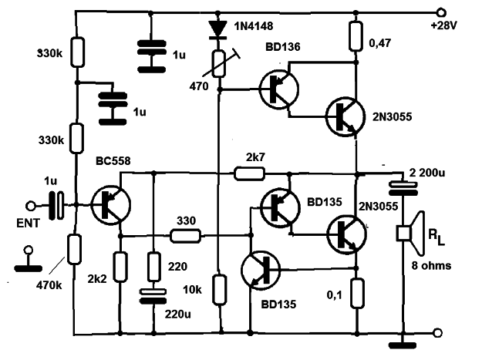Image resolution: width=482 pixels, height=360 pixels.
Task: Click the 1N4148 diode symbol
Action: (x=217, y=29)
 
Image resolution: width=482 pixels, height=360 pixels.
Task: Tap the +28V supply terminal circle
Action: (x=441, y=13)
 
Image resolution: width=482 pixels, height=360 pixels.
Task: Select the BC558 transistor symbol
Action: (x=110, y=205)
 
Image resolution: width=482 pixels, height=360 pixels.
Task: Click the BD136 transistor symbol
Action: (x=279, y=89)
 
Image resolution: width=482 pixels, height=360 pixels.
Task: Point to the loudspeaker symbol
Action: (x=411, y=234)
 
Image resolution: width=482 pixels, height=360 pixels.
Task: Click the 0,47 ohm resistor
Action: (x=356, y=36)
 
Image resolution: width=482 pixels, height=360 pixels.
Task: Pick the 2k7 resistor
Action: (x=249, y=173)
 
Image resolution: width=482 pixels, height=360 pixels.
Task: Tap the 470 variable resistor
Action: (x=219, y=64)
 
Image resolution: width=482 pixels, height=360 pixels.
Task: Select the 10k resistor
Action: (x=220, y=290)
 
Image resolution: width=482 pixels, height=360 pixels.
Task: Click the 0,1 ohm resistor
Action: (x=357, y=294)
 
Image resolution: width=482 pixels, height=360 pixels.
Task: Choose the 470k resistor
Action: (x=74, y=249)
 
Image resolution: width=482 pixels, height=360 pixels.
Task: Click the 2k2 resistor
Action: (x=120, y=267)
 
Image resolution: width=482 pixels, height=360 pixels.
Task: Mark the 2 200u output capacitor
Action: (x=403, y=189)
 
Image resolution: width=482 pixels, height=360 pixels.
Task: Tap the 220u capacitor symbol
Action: (x=153, y=296)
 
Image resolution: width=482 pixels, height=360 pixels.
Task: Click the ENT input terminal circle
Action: (x=31, y=206)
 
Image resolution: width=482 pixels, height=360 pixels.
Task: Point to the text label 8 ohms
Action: (x=431, y=265)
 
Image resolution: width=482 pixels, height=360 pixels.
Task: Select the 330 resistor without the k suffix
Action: (x=186, y=236)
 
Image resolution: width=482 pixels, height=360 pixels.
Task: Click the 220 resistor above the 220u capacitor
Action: (x=154, y=267)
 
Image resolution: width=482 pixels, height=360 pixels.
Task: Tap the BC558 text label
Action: (x=113, y=160)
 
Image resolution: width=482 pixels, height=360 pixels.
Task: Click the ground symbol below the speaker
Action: (x=403, y=345)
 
